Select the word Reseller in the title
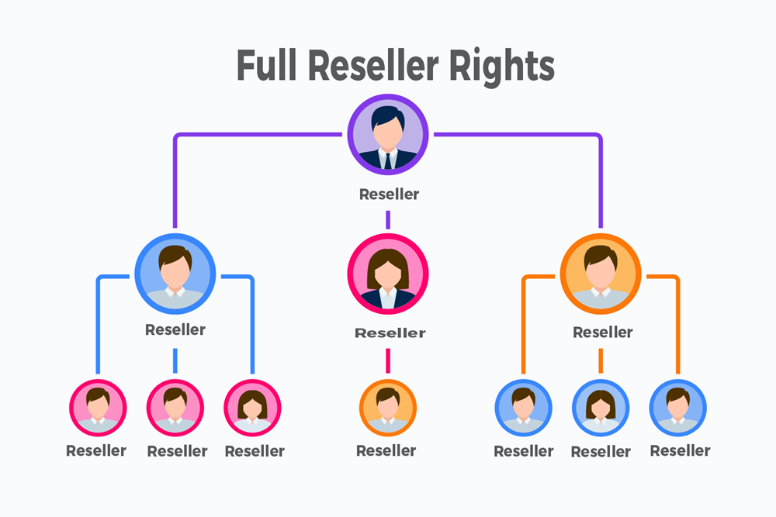click(x=379, y=65)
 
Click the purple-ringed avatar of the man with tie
click(x=387, y=133)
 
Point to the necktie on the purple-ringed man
click(x=387, y=160)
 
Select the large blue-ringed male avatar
click(x=175, y=273)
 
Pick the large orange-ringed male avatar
click(x=601, y=273)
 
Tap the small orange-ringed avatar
click(x=387, y=408)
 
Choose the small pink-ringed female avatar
click(x=252, y=408)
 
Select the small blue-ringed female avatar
click(x=601, y=408)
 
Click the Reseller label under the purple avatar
click(x=389, y=195)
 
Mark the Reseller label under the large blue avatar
click(x=175, y=329)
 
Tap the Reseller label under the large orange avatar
click(x=602, y=333)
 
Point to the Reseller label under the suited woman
click(x=390, y=333)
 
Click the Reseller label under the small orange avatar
click(x=386, y=450)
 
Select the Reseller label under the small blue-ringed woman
click(x=600, y=452)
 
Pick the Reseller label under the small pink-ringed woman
click(x=255, y=451)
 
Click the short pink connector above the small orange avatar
click(x=387, y=360)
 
